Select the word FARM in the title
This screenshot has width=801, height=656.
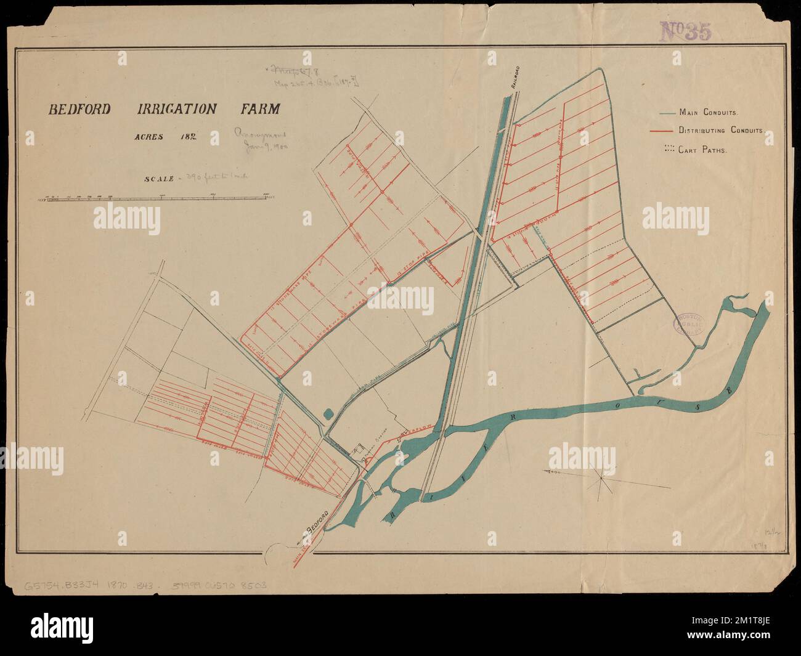pyautogui.click(x=260, y=110)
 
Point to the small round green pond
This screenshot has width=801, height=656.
pyautogui.click(x=328, y=414)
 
